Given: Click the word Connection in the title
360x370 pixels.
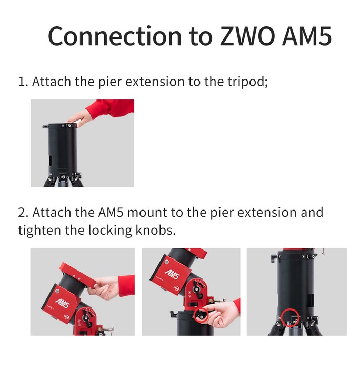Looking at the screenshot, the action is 115,36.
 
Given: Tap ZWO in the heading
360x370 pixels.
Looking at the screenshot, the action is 247,36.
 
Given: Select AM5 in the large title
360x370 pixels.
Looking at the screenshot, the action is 307,36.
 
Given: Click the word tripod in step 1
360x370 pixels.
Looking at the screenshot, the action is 247,82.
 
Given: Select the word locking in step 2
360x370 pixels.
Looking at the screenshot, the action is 110,231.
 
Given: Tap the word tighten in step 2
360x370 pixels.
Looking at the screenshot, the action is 39,230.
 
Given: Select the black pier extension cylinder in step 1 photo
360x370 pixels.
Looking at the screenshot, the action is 63,149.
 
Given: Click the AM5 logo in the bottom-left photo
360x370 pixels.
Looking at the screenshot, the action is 63,303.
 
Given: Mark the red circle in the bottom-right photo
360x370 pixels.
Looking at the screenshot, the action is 291,317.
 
